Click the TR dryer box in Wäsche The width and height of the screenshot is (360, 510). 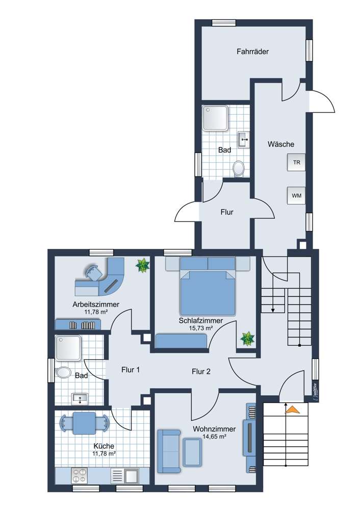(296, 163)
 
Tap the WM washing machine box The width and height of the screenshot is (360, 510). (296, 195)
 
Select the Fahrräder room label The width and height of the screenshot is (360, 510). (252, 52)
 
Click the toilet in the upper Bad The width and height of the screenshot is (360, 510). (238, 168)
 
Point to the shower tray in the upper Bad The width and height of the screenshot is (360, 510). (215, 118)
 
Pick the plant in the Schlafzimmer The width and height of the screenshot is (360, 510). (248, 338)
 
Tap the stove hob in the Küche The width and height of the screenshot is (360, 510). (80, 476)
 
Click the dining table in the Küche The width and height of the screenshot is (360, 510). (85, 423)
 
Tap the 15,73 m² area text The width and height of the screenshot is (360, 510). (200, 328)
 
